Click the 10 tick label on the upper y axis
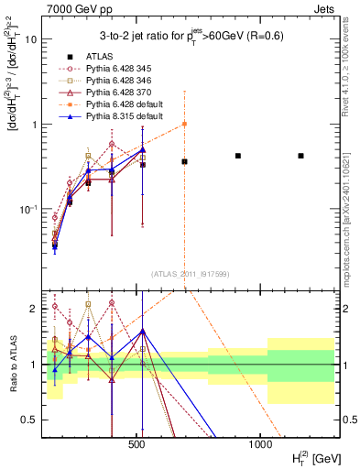[x=31, y=40]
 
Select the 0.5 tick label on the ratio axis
[x=29, y=420]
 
